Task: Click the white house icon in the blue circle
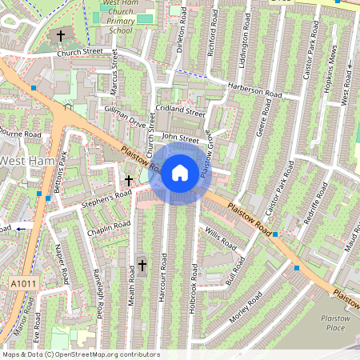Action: click(180, 172)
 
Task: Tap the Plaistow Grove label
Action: click(206, 152)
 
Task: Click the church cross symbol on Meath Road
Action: click(142, 265)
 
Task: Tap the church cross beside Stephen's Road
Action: click(128, 181)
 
